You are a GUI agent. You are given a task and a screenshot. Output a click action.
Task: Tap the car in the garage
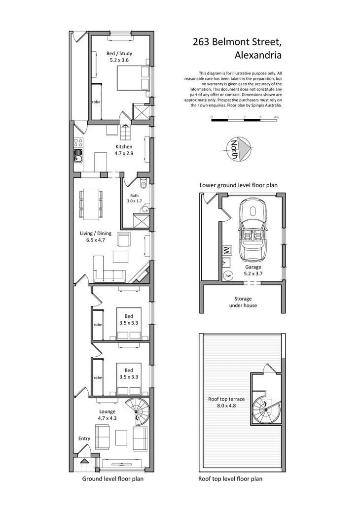point(252,229)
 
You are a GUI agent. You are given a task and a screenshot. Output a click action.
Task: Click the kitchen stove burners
point(78,143)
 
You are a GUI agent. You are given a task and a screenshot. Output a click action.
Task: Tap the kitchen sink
point(78,157)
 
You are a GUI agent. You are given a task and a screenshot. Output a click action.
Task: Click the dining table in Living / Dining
point(90,204)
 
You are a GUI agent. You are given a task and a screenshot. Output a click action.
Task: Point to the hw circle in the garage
point(228,276)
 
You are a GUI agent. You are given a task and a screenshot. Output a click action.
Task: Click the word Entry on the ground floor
point(84,438)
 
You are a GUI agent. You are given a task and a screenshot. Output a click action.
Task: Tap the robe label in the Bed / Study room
point(96,102)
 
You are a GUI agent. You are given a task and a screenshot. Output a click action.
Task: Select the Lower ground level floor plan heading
point(239,185)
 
